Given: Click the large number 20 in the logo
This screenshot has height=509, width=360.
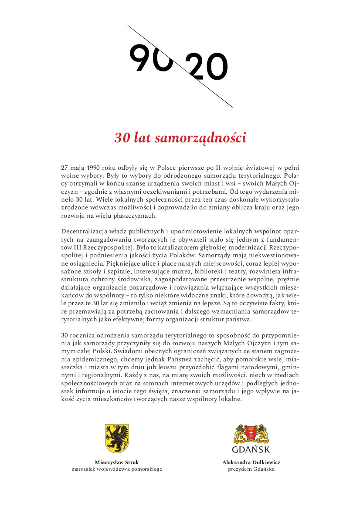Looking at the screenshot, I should pos(206,68).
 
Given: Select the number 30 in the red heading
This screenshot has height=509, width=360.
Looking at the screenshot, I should pos(121,138).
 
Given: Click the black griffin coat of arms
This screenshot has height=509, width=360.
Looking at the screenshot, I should pos(117,438).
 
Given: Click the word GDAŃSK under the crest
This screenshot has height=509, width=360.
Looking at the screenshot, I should pos(251,450).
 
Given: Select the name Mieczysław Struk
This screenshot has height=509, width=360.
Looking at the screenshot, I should pos(117,462).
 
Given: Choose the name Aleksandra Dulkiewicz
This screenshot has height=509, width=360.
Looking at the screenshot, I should pos(251,462).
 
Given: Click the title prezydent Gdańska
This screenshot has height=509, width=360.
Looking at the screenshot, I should pos(251,469).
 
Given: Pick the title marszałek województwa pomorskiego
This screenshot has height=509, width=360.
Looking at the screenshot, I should pos(117,469).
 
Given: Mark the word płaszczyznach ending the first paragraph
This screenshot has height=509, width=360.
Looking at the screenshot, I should pos(135,216).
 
